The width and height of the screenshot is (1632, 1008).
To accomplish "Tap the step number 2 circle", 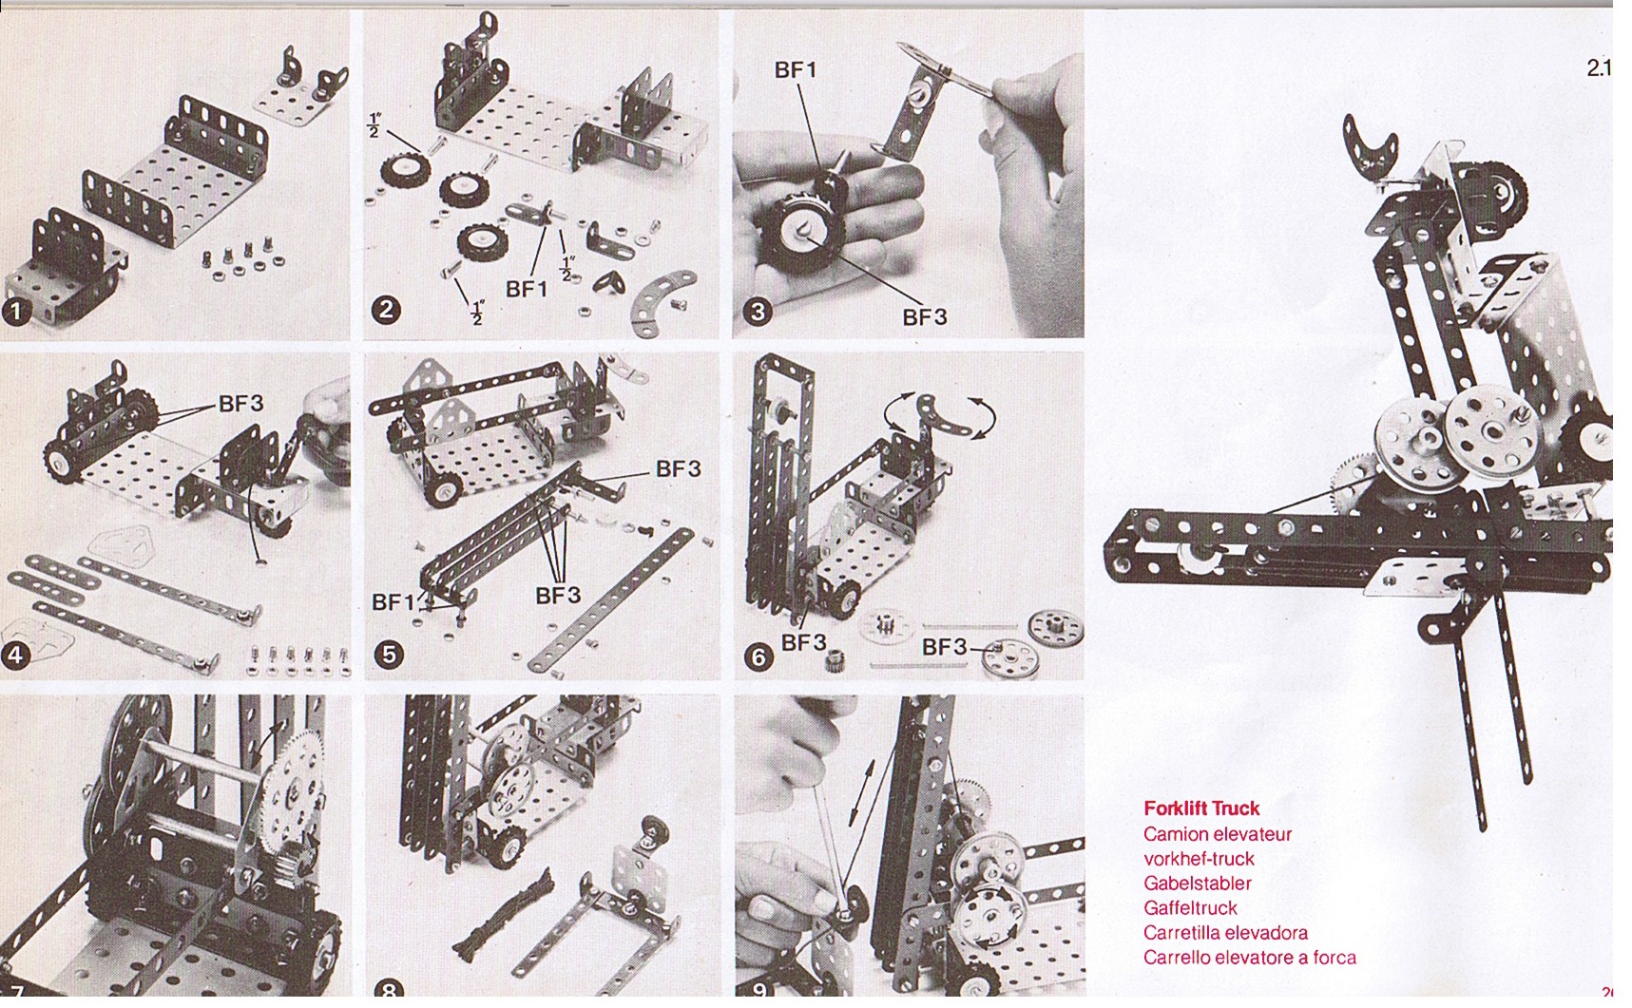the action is [386, 310].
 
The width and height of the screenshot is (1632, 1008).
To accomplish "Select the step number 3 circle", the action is [758, 311].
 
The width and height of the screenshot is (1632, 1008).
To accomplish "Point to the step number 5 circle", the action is [388, 654].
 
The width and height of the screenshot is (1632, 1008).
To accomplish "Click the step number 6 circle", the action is [758, 656].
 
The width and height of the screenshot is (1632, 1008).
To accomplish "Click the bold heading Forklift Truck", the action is [1201, 808].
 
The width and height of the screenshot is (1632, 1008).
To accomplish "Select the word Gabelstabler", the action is [1198, 883].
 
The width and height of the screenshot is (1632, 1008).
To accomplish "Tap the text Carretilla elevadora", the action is [1225, 932].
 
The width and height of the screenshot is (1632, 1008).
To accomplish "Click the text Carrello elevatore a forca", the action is [1250, 957].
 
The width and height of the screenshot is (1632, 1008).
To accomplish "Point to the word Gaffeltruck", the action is [1190, 907].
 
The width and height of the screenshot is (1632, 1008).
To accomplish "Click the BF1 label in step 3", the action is [796, 70].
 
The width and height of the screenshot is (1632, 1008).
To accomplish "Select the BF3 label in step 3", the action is [925, 317].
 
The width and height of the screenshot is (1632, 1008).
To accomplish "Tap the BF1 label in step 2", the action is [527, 290].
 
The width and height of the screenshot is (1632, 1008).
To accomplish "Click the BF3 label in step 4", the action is [240, 404].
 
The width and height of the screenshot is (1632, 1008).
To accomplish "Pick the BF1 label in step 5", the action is [393, 602].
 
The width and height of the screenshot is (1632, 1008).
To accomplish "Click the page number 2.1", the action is [1599, 68].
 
